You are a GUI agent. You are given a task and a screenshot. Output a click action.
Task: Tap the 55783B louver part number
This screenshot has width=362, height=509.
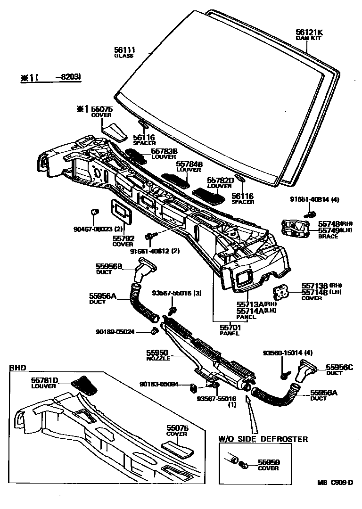tap(164, 151)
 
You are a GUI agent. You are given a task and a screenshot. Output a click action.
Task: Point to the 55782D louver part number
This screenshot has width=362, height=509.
tap(221, 180)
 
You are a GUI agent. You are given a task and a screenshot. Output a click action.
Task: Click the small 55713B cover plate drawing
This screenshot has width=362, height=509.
tap(284, 292)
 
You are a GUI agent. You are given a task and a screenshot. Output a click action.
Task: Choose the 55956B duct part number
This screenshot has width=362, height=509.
tap(109, 266)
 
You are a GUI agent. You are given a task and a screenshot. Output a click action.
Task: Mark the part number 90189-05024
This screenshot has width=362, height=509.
tap(115, 332)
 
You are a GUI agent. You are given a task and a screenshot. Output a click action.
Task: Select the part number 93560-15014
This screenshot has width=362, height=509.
tap(281, 353)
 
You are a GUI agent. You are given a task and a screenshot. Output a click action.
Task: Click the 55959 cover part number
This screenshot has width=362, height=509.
tap(268, 462)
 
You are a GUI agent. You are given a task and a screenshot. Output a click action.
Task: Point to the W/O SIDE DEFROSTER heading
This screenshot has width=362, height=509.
tap(263, 439)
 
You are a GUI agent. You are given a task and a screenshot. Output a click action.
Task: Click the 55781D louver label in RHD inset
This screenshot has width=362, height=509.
tap(45, 380)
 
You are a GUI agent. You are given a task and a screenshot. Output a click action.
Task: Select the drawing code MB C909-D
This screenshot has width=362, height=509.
tap(335, 482)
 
